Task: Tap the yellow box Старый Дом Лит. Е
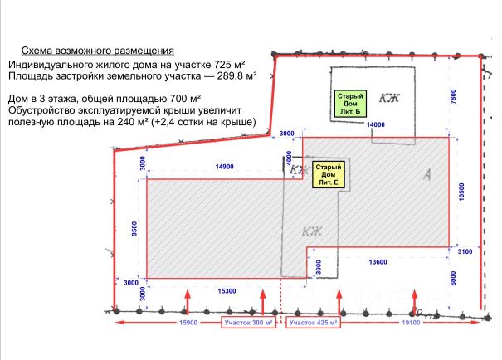point(328,174)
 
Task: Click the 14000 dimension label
point(376,125)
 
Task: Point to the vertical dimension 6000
point(453,280)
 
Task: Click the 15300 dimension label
point(229,290)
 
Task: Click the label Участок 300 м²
point(248,321)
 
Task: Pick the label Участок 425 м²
point(314,321)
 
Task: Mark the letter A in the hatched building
point(426,173)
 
